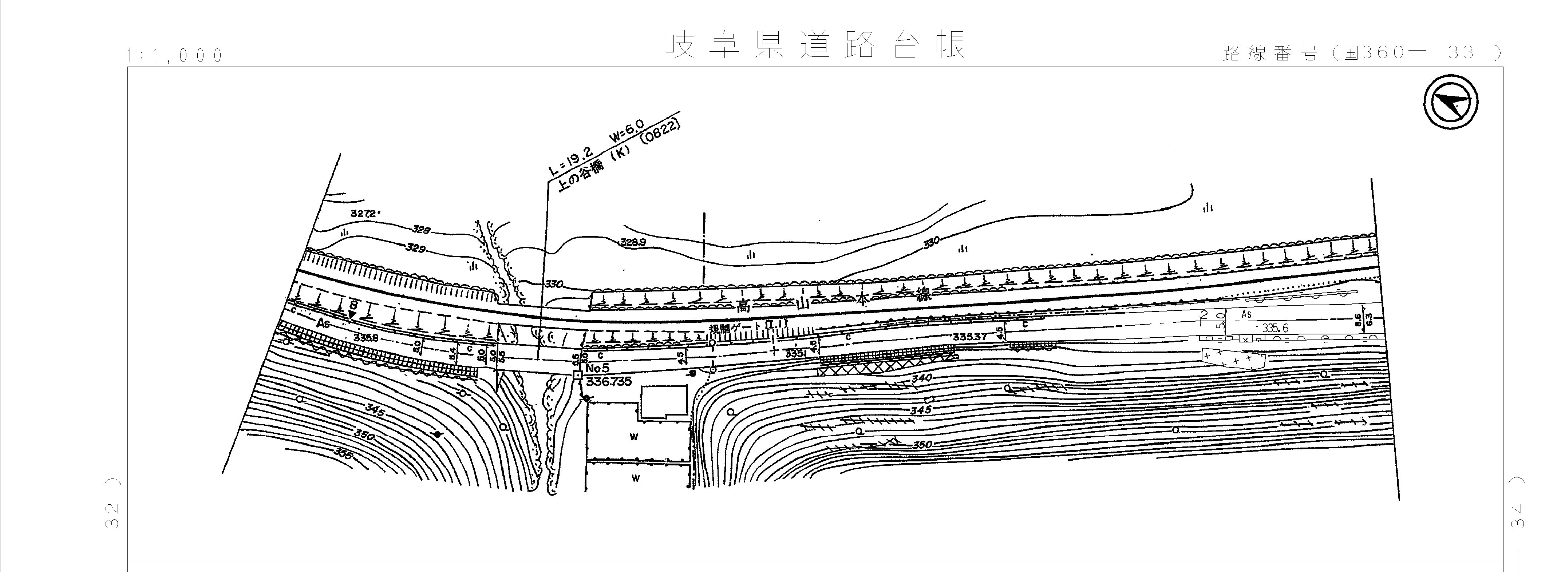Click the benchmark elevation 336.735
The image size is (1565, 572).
[609, 382]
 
